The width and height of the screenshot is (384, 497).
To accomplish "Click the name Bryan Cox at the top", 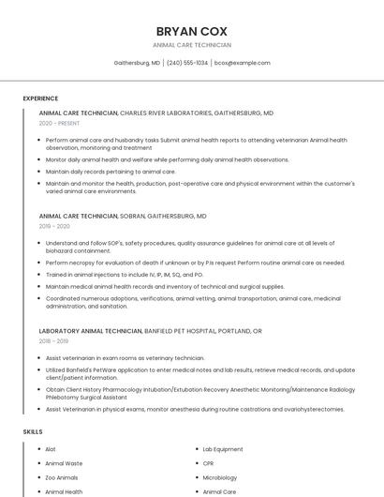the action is (x=191, y=31).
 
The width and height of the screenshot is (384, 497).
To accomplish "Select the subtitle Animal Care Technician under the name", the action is (x=191, y=45).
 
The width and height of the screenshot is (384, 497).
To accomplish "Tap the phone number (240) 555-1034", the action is (x=187, y=63).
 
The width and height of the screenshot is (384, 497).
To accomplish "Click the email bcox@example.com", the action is (x=243, y=63).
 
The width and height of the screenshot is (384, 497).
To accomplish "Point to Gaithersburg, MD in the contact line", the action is (x=137, y=63).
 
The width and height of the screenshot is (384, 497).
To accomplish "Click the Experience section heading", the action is (x=40, y=98).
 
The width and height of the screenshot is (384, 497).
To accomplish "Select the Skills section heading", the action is (x=33, y=431).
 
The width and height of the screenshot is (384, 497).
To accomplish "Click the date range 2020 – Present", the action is (x=60, y=123).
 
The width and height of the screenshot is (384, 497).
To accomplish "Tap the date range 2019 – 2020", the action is (x=54, y=226).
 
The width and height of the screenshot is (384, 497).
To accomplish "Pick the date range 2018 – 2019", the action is (x=54, y=341).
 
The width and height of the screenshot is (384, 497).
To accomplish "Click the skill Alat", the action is (x=51, y=449).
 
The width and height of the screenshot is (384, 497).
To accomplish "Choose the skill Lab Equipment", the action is (x=223, y=449).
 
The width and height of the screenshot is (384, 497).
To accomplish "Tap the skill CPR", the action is (x=209, y=463).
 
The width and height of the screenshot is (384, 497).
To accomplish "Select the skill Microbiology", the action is (x=219, y=477).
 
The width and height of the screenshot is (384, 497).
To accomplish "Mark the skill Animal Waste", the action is (x=64, y=463).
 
